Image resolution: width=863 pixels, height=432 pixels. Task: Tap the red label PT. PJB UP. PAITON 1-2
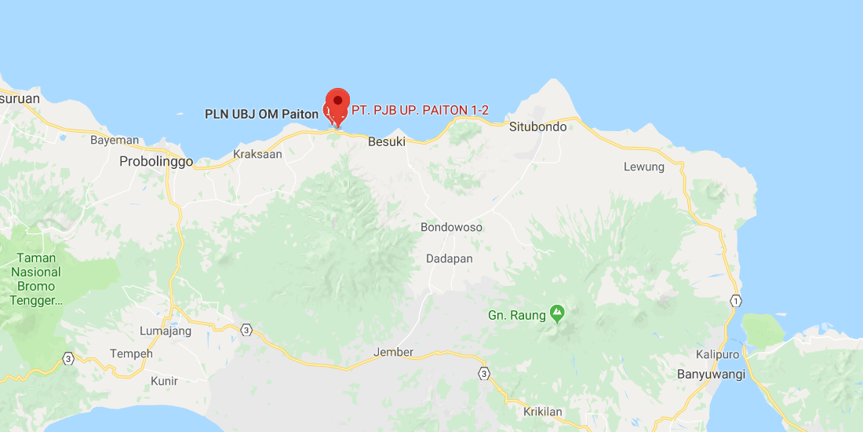coord(420,111)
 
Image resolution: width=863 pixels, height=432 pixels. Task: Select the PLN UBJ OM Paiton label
coord(261,114)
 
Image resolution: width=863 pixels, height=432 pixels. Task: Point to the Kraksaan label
coord(257,155)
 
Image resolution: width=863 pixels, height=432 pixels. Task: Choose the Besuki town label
coord(387,142)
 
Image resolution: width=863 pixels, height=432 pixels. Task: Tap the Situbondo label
coord(537,126)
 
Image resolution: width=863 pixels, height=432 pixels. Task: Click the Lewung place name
coord(644,167)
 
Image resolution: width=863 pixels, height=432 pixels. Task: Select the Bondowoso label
coord(452,228)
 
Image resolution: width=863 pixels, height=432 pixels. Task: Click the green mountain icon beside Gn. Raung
coord(557,314)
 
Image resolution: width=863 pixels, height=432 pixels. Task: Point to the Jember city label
coord(394,353)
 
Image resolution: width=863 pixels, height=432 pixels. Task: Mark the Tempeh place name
coord(132,353)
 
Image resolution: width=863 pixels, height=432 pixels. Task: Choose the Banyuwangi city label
coord(711,375)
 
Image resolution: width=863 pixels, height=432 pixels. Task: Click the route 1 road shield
coord(735,301)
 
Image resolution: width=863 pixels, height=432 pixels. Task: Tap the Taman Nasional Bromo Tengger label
coord(36,279)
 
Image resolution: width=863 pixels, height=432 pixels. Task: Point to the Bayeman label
coord(115,141)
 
